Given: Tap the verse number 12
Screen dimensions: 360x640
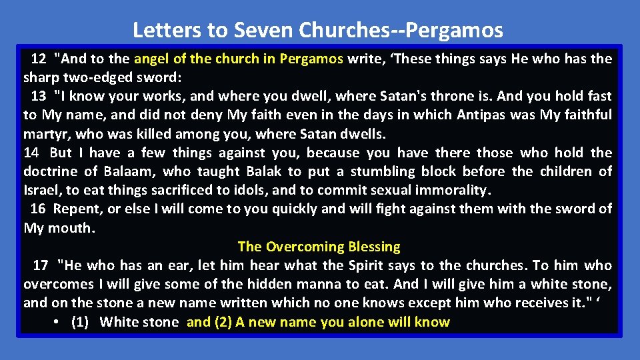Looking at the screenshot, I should [39, 59].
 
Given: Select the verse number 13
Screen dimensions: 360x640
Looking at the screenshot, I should [38, 96].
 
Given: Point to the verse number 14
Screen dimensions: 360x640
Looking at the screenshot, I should [31, 153].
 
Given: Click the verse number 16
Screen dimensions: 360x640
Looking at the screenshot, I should [38, 209].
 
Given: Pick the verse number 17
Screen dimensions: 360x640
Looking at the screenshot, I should [41, 265].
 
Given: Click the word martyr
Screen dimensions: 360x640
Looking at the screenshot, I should [45, 134].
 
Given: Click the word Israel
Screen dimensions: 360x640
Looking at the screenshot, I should [41, 190].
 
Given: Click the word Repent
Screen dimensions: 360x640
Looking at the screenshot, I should [77, 209].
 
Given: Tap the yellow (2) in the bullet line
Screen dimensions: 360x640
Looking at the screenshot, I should [221, 323].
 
